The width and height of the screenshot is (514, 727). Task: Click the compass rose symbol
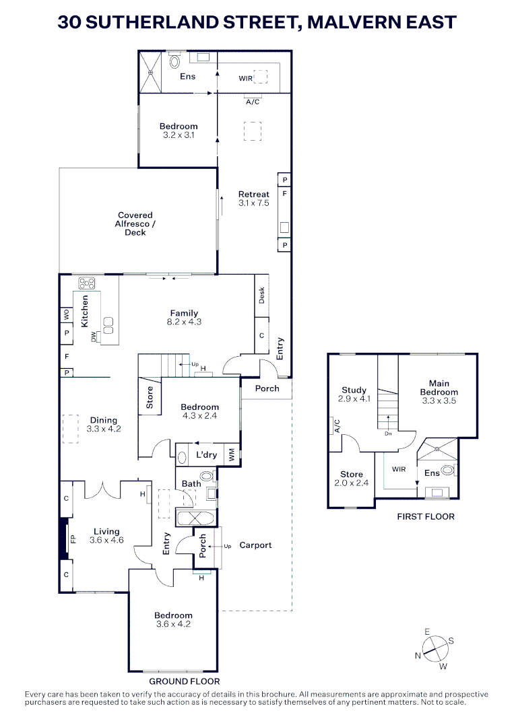click(435, 649)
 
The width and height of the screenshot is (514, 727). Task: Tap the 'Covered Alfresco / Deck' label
click(135, 224)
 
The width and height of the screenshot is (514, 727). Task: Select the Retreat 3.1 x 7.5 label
click(254, 199)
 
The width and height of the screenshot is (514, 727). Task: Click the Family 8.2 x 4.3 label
click(184, 318)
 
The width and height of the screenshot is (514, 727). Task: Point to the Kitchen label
click(84, 311)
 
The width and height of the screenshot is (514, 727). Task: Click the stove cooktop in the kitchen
click(87, 283)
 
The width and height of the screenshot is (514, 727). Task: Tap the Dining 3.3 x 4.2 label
click(104, 425)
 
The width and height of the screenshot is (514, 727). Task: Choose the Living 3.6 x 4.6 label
click(106, 536)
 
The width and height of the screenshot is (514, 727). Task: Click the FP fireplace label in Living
click(73, 539)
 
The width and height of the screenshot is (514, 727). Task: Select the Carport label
click(255, 545)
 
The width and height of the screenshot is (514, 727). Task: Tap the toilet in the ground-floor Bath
click(206, 475)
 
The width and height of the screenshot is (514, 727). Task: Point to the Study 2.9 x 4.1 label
click(354, 394)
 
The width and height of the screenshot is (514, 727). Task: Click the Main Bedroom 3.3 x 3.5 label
click(439, 392)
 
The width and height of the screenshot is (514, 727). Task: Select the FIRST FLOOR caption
click(426, 516)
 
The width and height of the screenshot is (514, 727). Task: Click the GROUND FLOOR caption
click(185, 681)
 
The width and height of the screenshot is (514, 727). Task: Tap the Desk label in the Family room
click(261, 296)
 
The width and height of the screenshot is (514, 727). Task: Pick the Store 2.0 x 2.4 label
click(352, 479)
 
